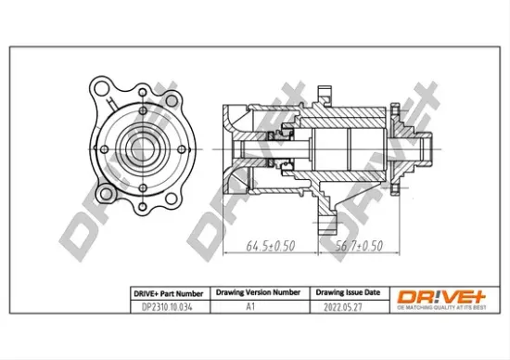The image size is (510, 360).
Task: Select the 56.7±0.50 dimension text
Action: click(x=356, y=246)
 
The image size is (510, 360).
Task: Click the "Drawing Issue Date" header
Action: click(x=342, y=292)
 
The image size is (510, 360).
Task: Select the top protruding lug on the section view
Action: click(x=324, y=93)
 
